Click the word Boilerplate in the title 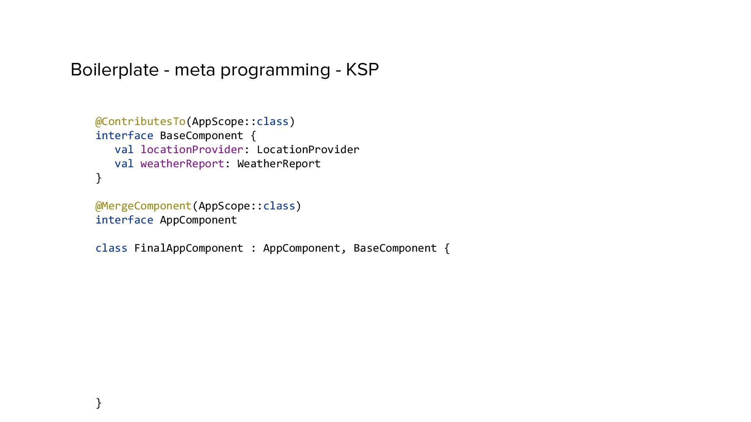(114, 70)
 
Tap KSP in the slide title (362, 70)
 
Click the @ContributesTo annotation (140, 122)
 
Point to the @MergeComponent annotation (144, 206)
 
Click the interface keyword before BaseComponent (124, 136)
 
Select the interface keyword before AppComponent (124, 220)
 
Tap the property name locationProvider (192, 150)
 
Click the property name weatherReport (182, 164)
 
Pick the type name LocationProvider (308, 150)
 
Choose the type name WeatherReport (279, 164)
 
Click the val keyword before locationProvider (124, 150)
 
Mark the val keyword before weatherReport (124, 164)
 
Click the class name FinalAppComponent (189, 248)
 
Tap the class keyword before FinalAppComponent (111, 248)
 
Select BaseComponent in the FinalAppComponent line (395, 248)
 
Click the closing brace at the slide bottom (99, 403)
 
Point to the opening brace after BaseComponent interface (253, 136)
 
